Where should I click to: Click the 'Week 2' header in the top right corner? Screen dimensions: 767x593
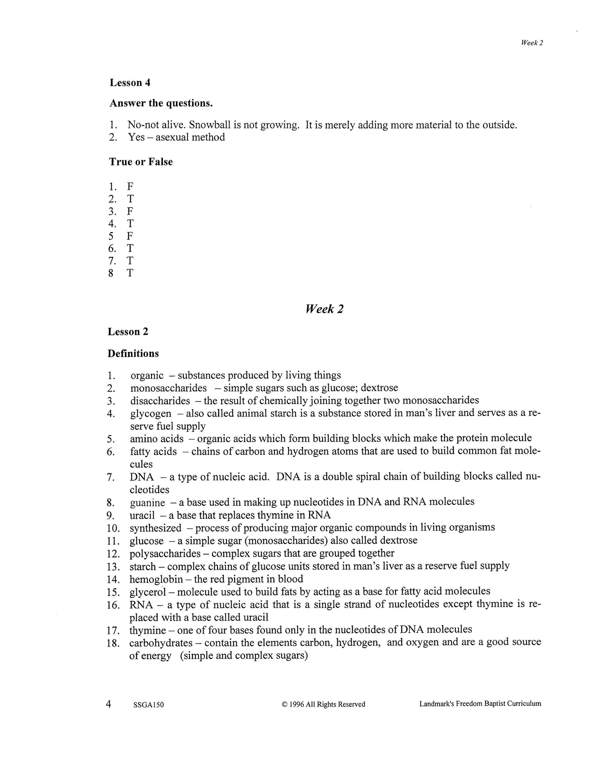(532, 43)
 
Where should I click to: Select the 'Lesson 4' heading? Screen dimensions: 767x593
(130, 82)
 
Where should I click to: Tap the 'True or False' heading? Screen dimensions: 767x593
(141, 162)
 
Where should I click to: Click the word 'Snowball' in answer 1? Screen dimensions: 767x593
(210, 125)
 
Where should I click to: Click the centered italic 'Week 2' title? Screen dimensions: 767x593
(324, 309)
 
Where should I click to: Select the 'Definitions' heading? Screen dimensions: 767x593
(133, 353)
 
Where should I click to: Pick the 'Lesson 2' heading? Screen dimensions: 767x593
(128, 331)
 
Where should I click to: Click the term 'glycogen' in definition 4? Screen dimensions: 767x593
(151, 413)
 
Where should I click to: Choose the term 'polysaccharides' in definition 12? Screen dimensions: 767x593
(165, 553)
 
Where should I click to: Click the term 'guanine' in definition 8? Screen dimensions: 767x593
(147, 502)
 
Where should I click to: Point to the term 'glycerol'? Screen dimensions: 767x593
(147, 592)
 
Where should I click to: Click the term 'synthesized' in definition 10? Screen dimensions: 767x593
(155, 528)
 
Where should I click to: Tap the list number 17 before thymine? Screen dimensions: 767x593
(113, 630)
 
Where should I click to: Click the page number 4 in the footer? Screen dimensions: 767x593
(109, 704)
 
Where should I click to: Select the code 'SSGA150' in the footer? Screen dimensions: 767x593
(149, 705)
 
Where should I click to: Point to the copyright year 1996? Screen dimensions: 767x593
(296, 704)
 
